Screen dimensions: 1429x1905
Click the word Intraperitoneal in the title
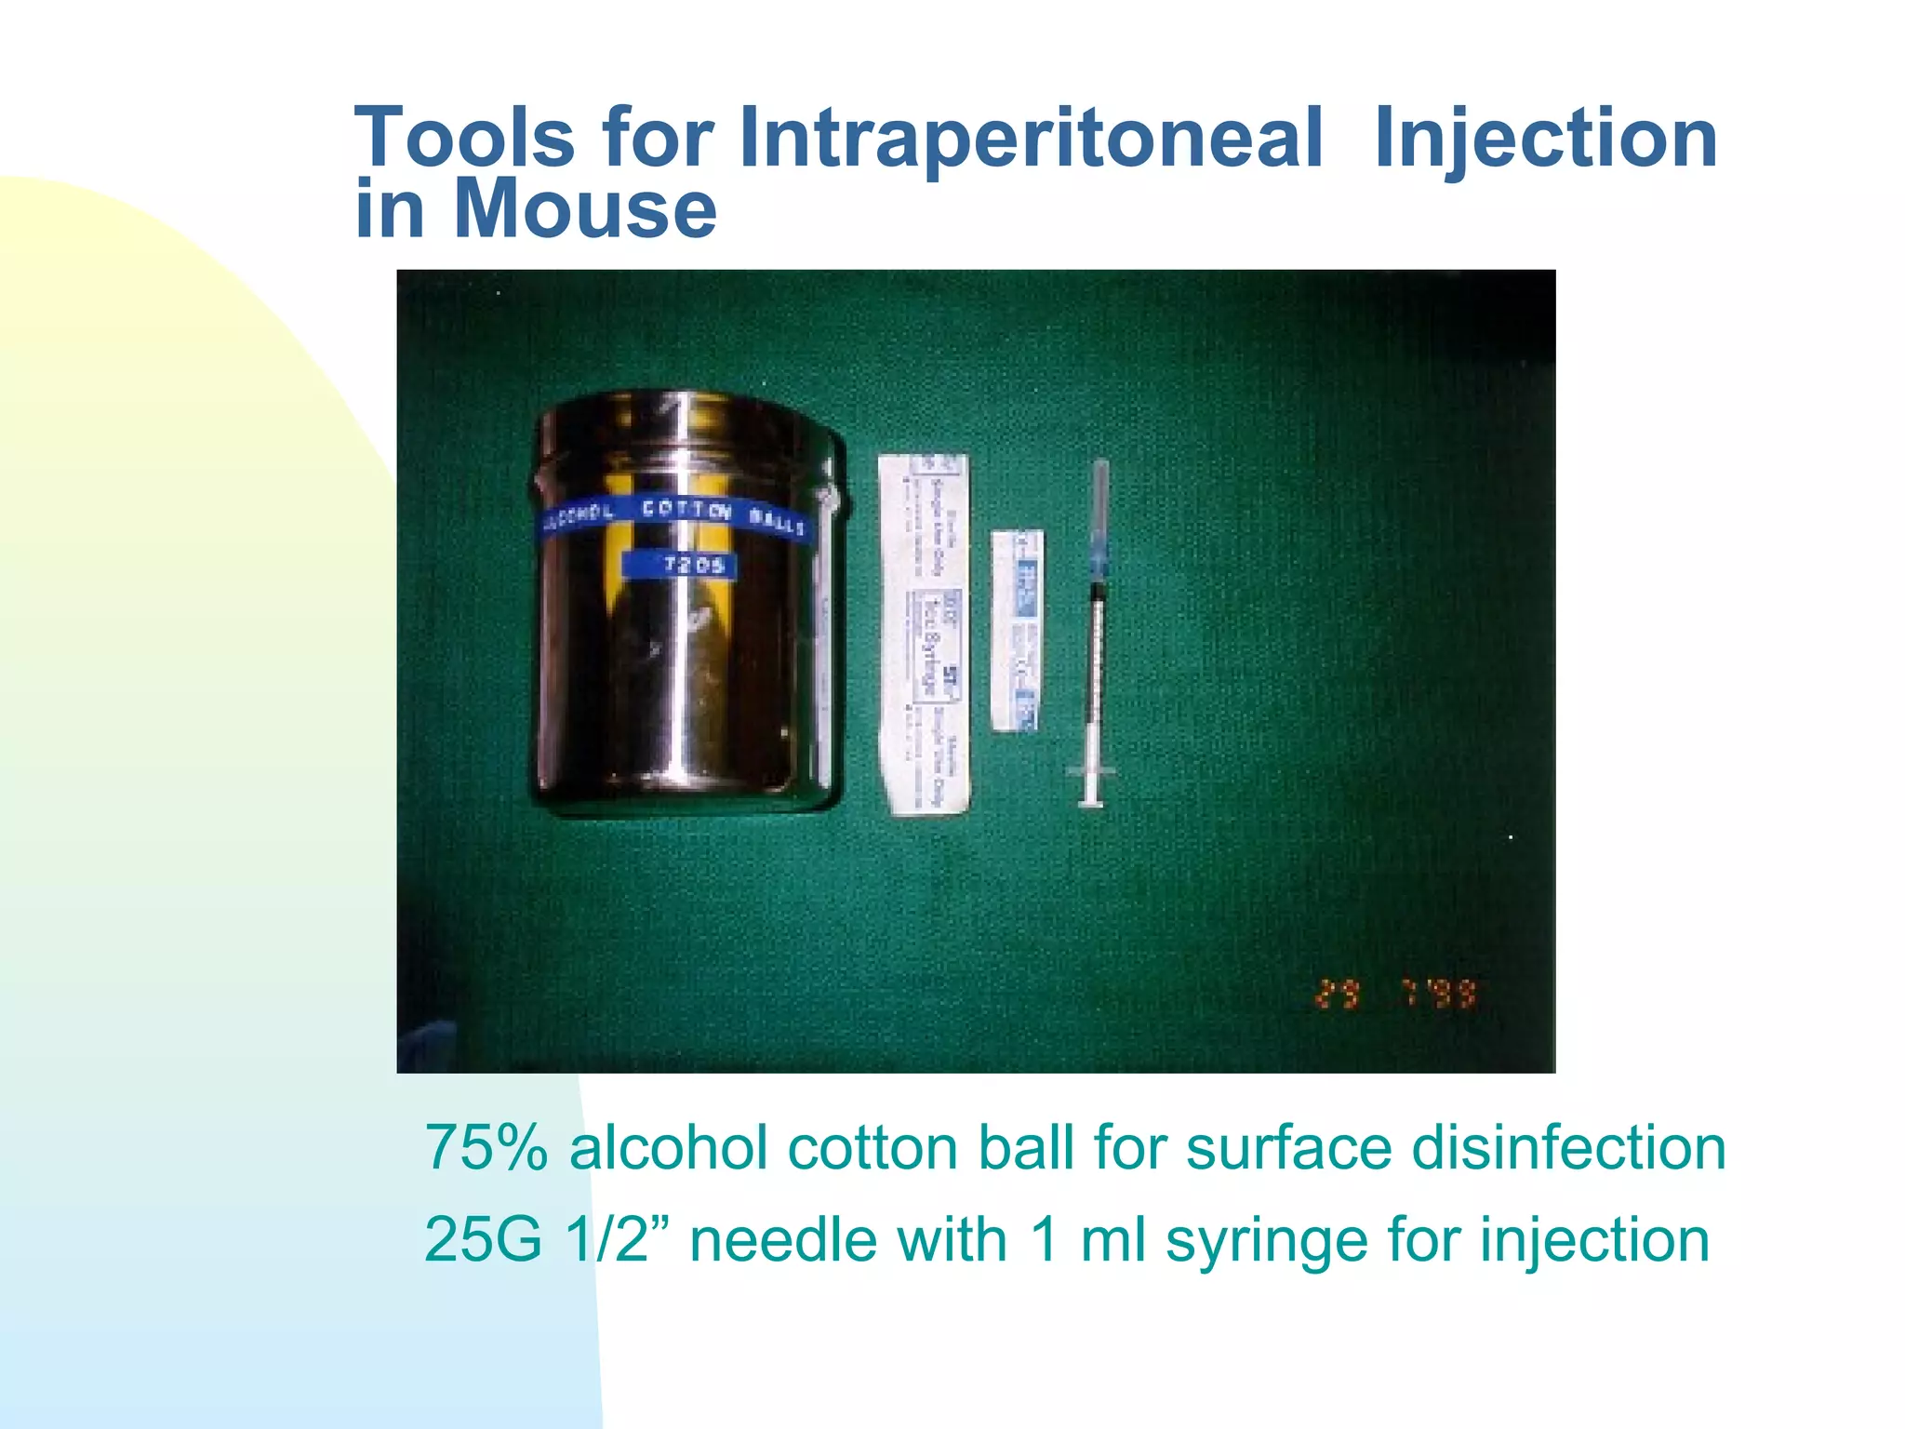[1030, 140]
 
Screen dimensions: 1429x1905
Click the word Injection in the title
[1545, 140]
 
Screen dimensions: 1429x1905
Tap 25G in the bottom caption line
[482, 1240]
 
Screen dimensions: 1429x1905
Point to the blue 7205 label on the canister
[680, 565]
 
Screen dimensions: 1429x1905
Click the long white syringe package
[924, 635]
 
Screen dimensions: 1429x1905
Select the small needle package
[1017, 631]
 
